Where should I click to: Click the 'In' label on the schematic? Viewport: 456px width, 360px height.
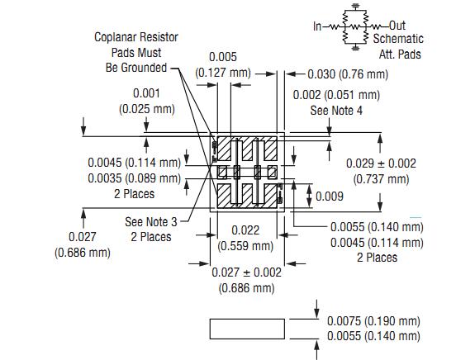tap(317, 26)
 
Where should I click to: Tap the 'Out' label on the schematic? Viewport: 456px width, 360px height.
tap(397, 26)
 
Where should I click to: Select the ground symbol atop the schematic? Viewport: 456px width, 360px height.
tap(355, 6)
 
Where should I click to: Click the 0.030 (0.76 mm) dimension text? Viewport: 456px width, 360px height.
tap(348, 74)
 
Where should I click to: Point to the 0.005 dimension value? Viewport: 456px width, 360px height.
tap(223, 57)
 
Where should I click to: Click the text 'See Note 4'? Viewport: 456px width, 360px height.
tap(336, 111)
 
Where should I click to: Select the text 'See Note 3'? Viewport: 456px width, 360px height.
tap(151, 222)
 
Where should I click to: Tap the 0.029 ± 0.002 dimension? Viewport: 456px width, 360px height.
tap(381, 163)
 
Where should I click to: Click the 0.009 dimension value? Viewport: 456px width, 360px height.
tap(330, 197)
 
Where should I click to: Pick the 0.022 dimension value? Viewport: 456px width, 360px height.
tap(245, 230)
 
